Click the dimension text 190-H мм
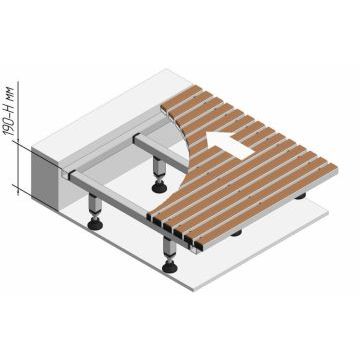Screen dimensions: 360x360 coord(10,110)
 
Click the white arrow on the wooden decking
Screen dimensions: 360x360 coord(230,144)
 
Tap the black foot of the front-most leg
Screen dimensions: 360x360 coord(170,267)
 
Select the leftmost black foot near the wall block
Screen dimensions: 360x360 coord(95,224)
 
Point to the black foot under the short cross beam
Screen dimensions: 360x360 coord(159,187)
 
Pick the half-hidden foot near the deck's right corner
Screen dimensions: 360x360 coord(300,196)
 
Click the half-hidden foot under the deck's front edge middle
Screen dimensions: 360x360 coord(236,233)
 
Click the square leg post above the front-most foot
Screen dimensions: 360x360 coord(170,248)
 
